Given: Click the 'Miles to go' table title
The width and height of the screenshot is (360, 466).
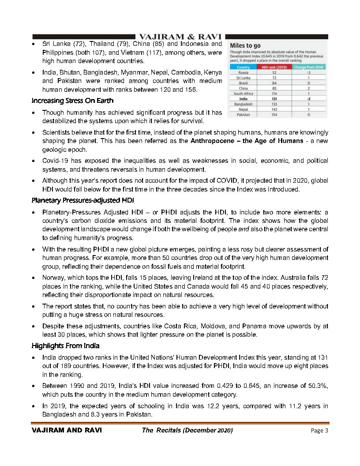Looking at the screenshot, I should (245, 45).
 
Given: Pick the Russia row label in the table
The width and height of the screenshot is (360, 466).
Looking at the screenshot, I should (243, 72).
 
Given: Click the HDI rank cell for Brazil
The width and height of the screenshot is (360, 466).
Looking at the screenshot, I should (274, 83).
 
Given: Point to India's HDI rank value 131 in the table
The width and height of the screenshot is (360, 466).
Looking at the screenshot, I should (274, 99).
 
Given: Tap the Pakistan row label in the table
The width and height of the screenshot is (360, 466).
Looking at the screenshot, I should (243, 115).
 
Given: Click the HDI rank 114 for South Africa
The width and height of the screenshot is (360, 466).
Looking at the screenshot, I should (274, 94).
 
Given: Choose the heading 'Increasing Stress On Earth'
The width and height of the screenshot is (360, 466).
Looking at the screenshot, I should (72, 101).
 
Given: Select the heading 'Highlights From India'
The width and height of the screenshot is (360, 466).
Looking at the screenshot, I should (65, 346).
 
